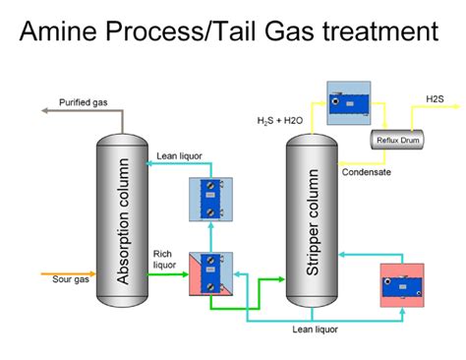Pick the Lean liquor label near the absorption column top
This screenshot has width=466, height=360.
pos(179,155)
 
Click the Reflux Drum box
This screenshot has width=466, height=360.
pos(397,140)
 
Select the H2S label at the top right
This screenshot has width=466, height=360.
pos(434,99)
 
